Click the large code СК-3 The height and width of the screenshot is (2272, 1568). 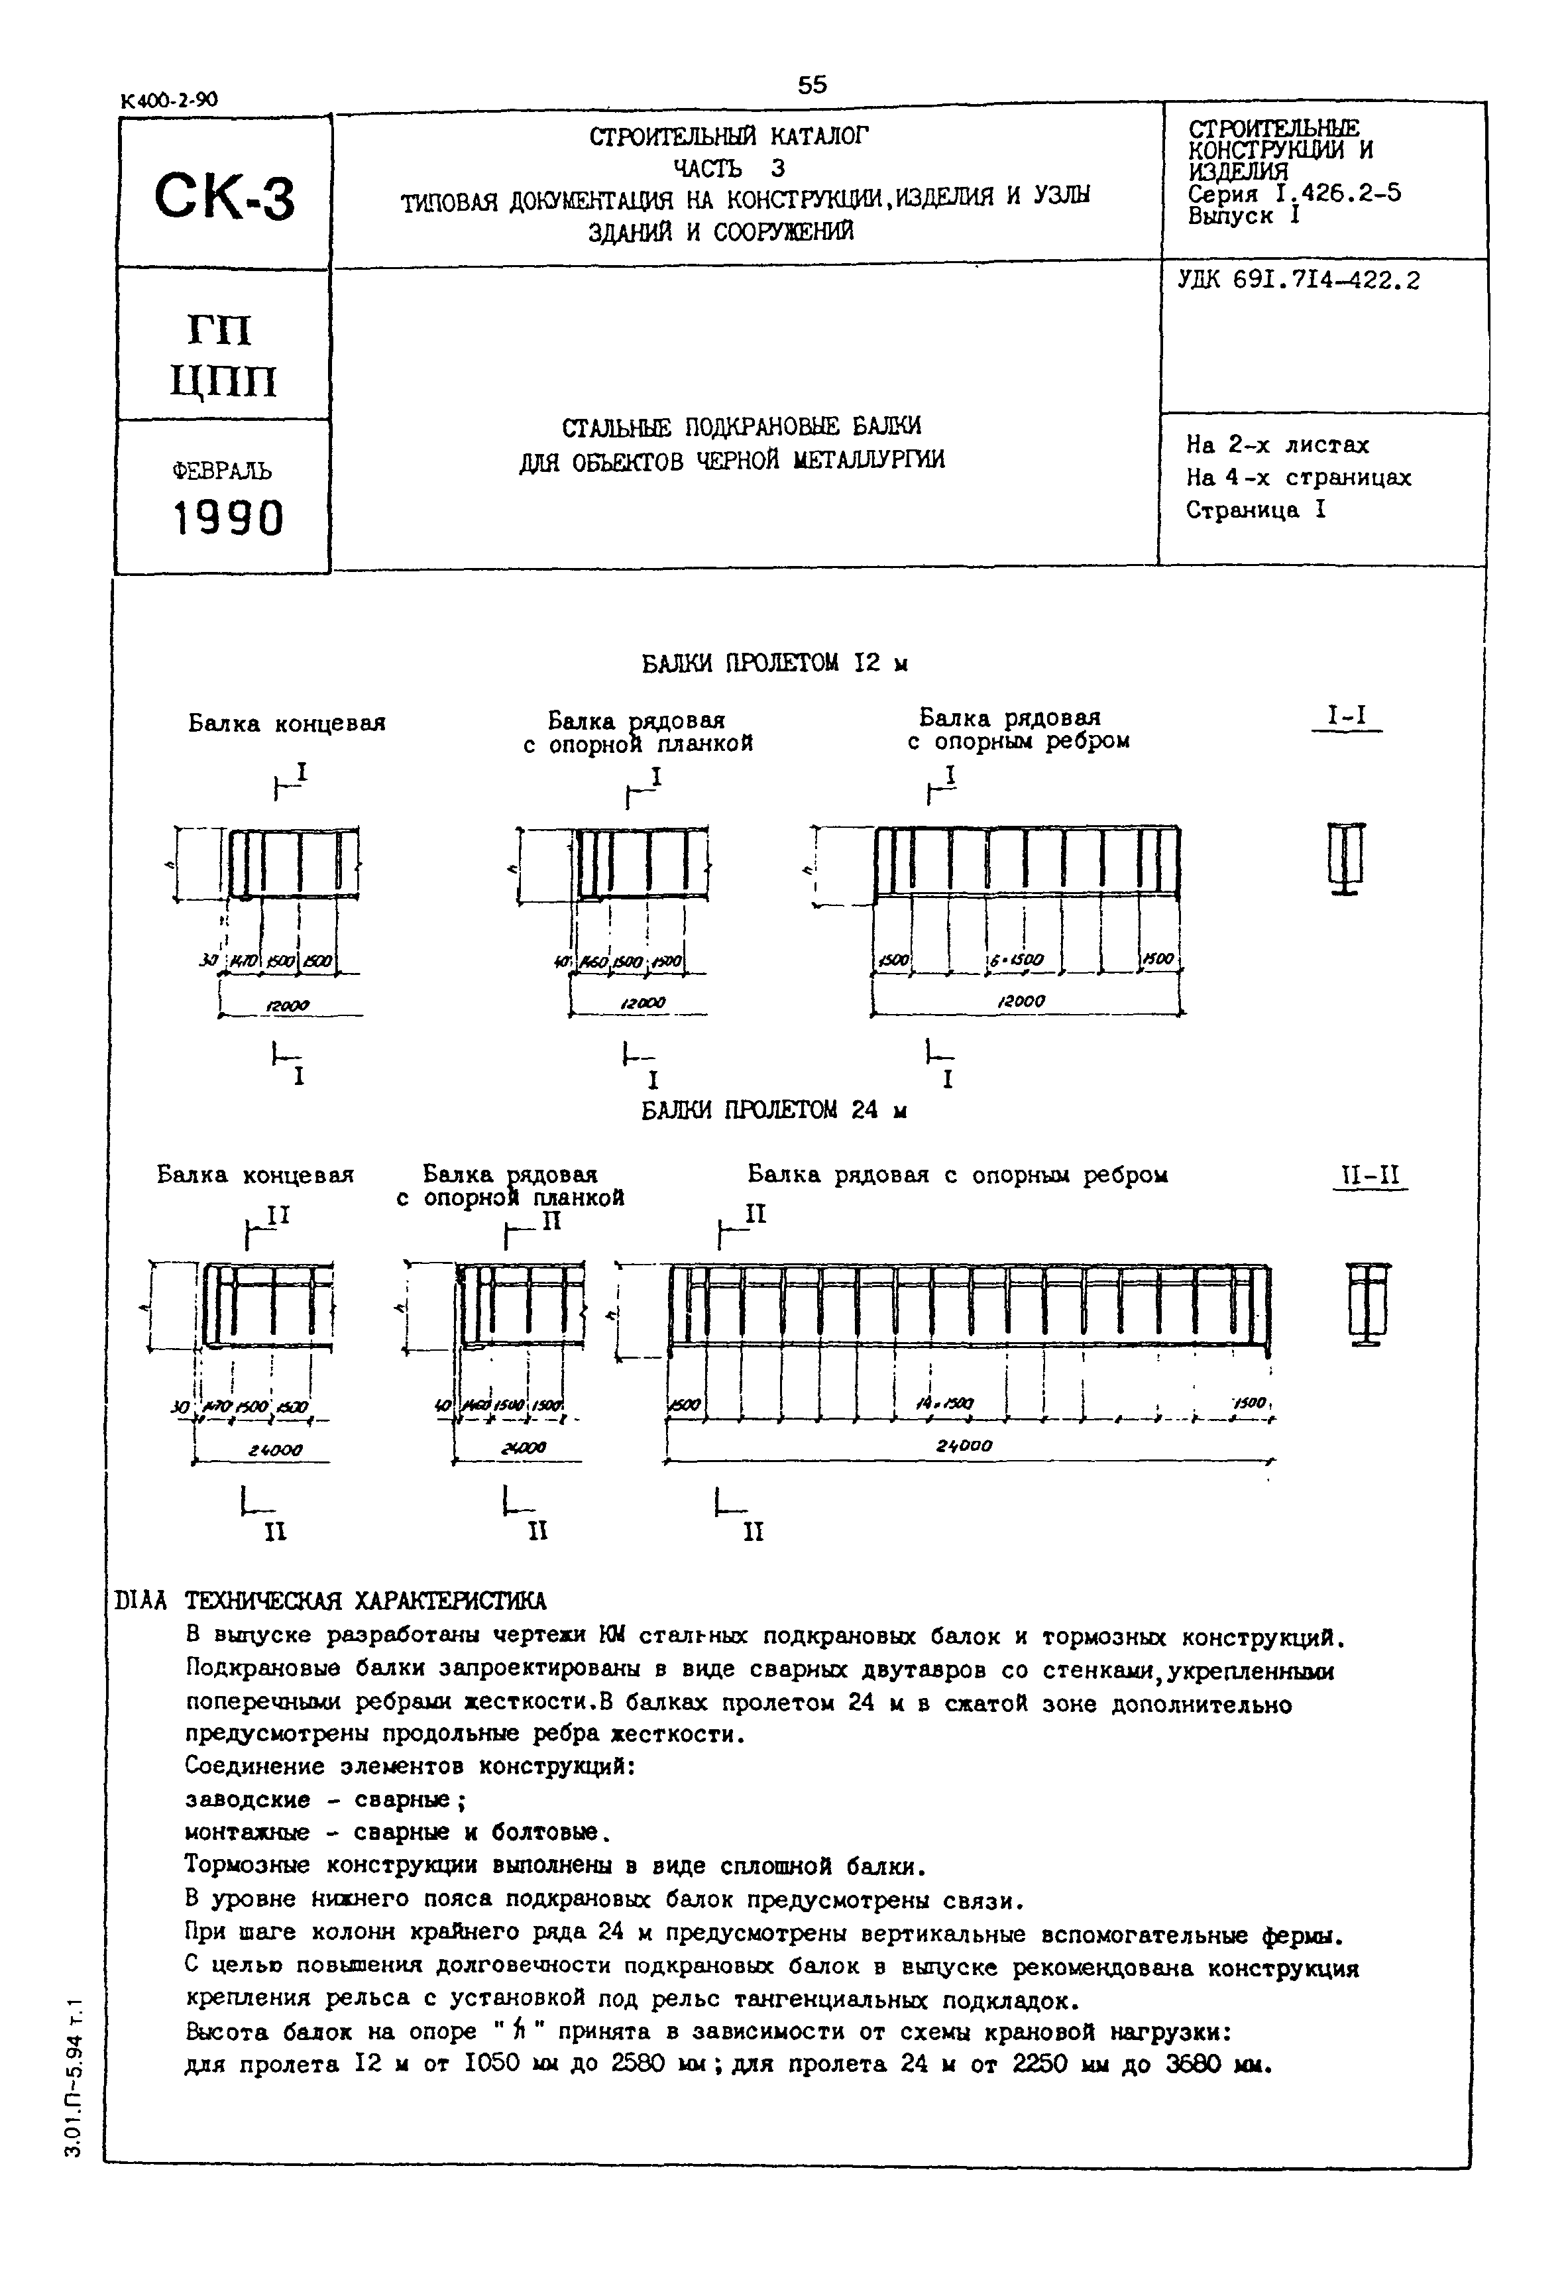[224, 196]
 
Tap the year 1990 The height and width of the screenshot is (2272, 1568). [229, 518]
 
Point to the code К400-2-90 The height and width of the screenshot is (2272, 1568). [169, 99]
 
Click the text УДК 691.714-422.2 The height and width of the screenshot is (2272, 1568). [1299, 281]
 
